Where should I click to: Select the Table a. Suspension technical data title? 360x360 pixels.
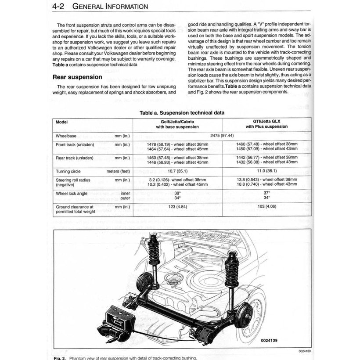(x=182, y=113)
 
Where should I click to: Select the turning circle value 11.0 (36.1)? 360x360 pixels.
(x=266, y=171)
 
